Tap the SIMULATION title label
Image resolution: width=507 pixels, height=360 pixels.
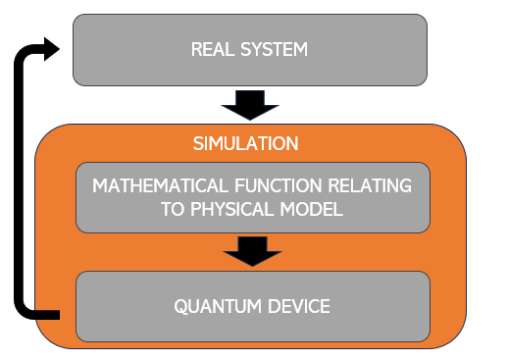coord(245,144)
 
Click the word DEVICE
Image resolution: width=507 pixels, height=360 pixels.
coord(296,307)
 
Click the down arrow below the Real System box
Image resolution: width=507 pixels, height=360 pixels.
coord(251,102)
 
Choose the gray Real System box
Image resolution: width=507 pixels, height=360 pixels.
coord(373,49)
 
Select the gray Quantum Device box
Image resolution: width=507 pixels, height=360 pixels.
coord(392,307)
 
